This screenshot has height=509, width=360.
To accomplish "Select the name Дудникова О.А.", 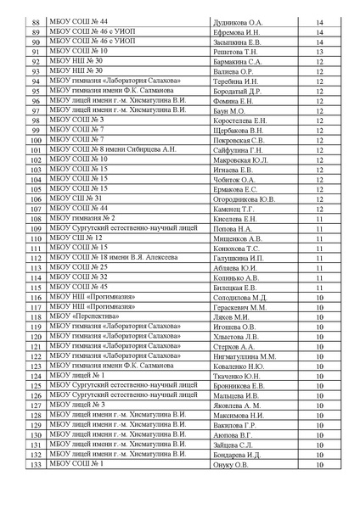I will coord(239,21).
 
